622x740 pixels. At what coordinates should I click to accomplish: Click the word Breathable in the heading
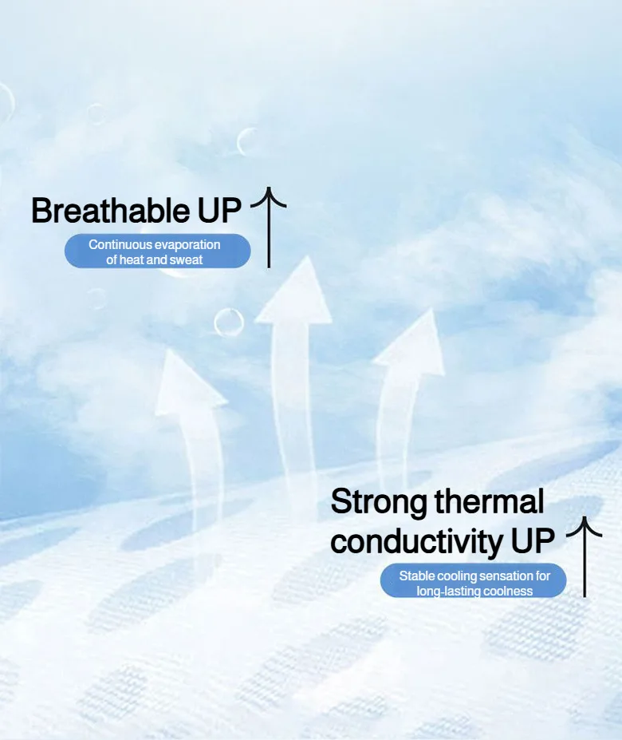click(110, 211)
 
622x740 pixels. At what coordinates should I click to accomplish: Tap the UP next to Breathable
click(219, 211)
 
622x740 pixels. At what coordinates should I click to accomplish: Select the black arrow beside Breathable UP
click(269, 228)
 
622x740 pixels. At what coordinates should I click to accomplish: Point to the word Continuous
click(120, 244)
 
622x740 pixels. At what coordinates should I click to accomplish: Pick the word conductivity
click(416, 541)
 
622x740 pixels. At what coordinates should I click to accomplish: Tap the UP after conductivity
click(533, 541)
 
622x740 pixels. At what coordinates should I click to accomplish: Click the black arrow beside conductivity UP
click(585, 557)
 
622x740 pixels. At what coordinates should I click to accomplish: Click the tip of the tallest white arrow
click(308, 257)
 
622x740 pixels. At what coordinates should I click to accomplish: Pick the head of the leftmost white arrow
click(187, 383)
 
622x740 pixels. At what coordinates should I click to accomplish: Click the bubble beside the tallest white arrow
click(229, 323)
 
